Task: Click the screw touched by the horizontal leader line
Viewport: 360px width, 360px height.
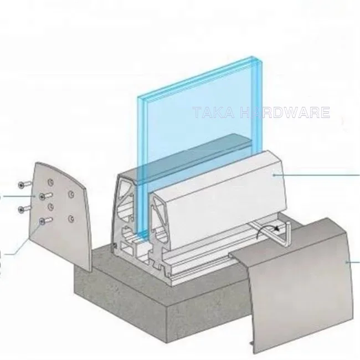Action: coord(44,196)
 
